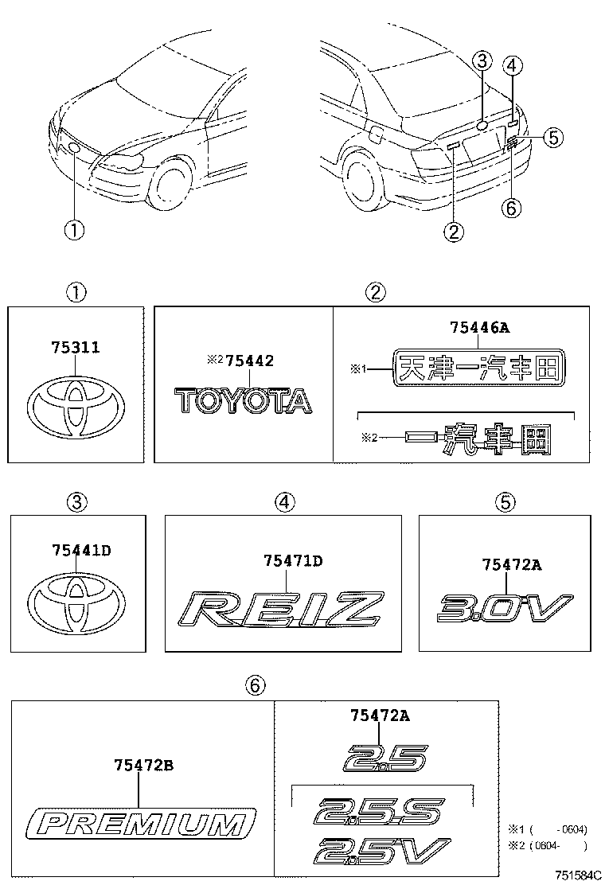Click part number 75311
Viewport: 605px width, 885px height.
coord(76,349)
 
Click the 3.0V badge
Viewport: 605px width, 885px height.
coord(505,609)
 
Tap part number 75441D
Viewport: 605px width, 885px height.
coord(76,550)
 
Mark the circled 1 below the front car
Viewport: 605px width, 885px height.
coord(73,230)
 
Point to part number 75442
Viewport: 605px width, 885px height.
coord(248,361)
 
